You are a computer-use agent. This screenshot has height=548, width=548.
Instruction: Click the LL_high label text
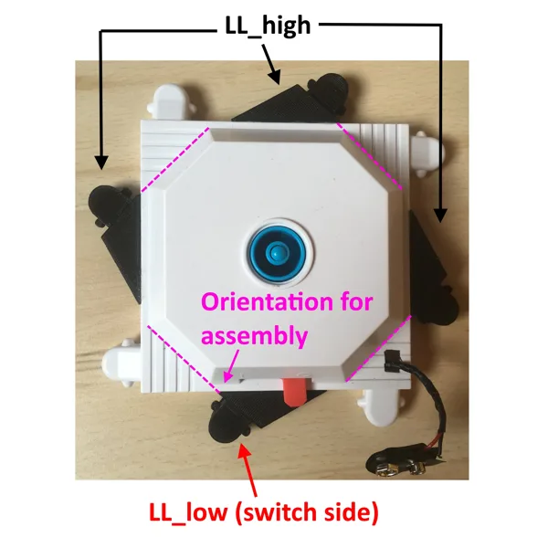[268, 26]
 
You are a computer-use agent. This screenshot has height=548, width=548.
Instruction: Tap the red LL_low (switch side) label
[264, 513]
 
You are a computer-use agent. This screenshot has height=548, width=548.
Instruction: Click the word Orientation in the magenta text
[267, 302]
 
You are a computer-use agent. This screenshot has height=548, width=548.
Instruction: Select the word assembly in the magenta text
[255, 336]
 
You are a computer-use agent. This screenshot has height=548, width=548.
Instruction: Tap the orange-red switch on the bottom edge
[296, 391]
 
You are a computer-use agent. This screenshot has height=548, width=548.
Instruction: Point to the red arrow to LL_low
[248, 469]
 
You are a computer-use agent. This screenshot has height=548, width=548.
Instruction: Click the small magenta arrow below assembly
[232, 365]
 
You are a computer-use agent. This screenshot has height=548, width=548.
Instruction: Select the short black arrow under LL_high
[271, 64]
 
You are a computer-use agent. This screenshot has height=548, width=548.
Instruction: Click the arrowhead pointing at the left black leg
[101, 163]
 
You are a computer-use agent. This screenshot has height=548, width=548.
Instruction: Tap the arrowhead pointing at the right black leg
[441, 215]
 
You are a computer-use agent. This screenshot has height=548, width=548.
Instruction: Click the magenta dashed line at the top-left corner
[175, 160]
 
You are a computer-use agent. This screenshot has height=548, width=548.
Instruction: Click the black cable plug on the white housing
[391, 361]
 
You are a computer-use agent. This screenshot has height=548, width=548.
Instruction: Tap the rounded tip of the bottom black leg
[226, 426]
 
